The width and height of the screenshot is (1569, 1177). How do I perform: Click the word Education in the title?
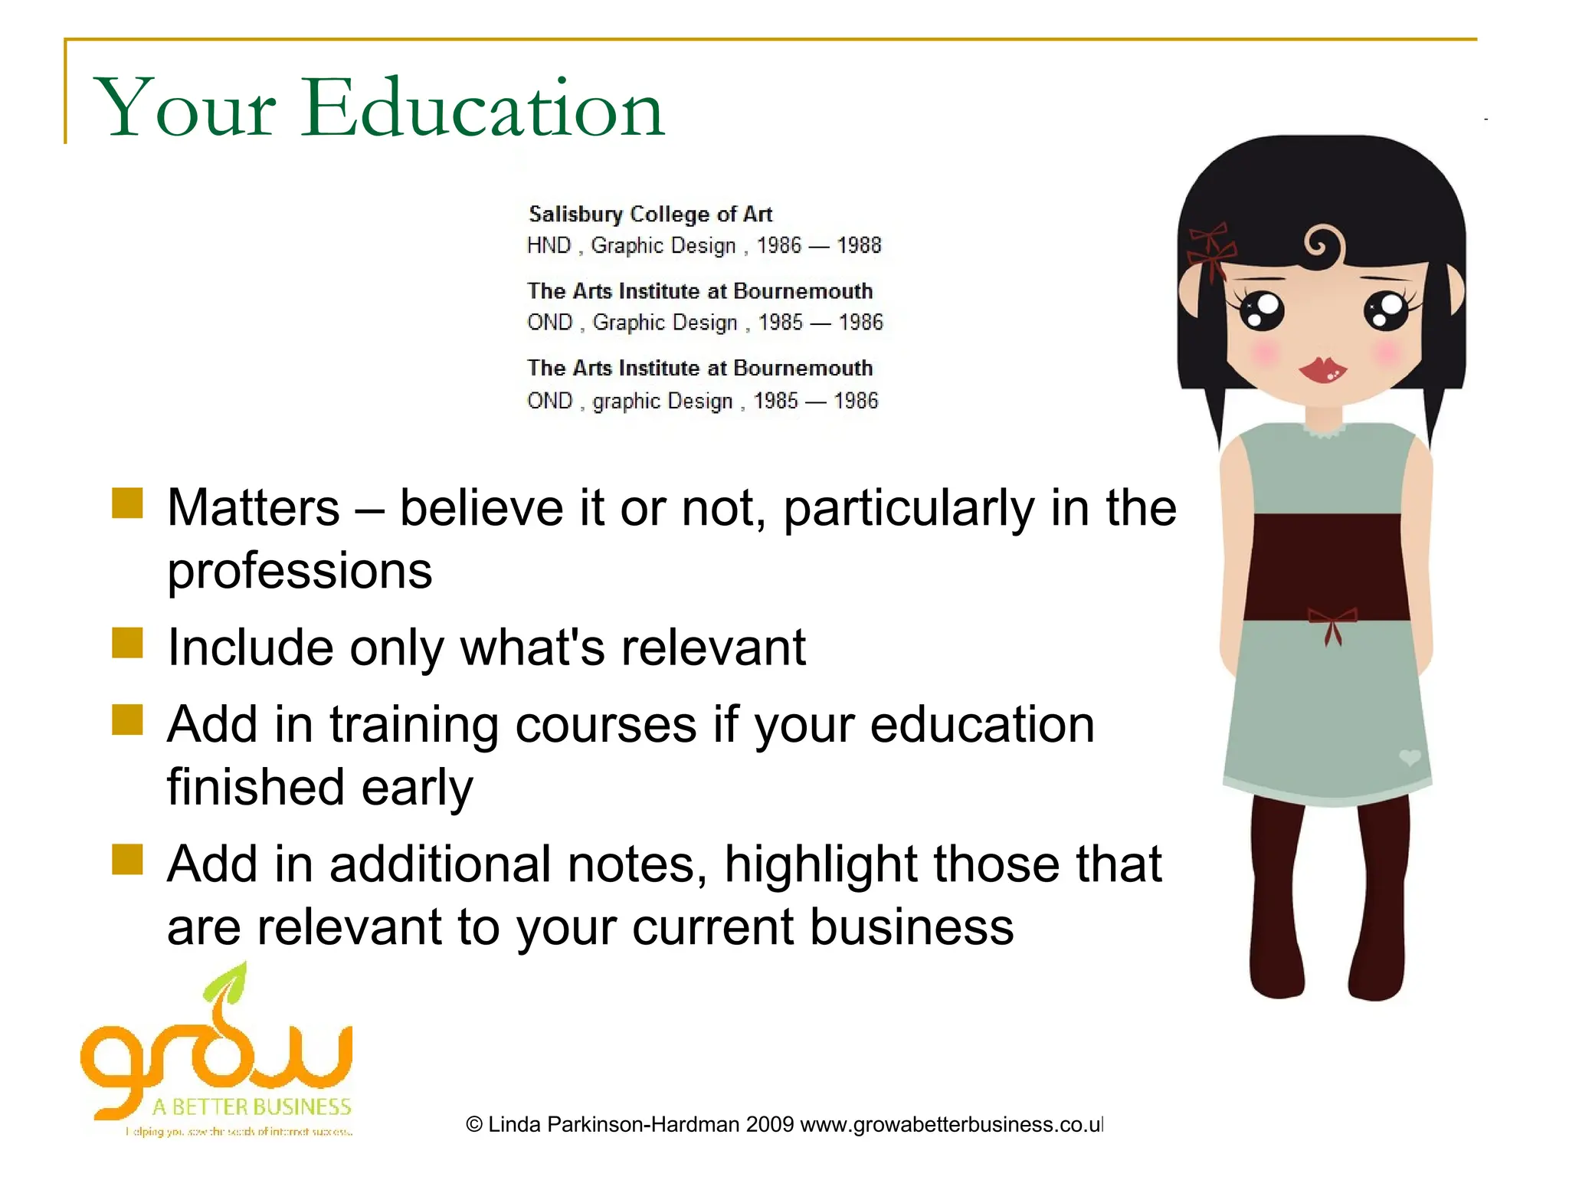pyautogui.click(x=483, y=109)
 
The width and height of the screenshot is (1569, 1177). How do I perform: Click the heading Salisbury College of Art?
pyautogui.click(x=650, y=214)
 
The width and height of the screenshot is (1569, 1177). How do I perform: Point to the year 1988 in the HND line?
pyautogui.click(x=859, y=245)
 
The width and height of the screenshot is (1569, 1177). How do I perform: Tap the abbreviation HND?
pyautogui.click(x=549, y=245)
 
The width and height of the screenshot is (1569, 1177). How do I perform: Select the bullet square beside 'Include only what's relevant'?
pyautogui.click(x=127, y=643)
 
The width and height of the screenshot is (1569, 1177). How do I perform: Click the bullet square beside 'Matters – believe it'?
pyautogui.click(x=127, y=503)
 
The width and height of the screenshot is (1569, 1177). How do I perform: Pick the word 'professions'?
pyautogui.click(x=300, y=572)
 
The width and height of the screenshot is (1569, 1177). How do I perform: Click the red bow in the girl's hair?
pyautogui.click(x=1210, y=249)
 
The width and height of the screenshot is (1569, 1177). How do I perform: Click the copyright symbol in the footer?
pyautogui.click(x=474, y=1124)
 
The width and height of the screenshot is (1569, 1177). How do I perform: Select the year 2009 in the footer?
pyautogui.click(x=769, y=1124)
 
